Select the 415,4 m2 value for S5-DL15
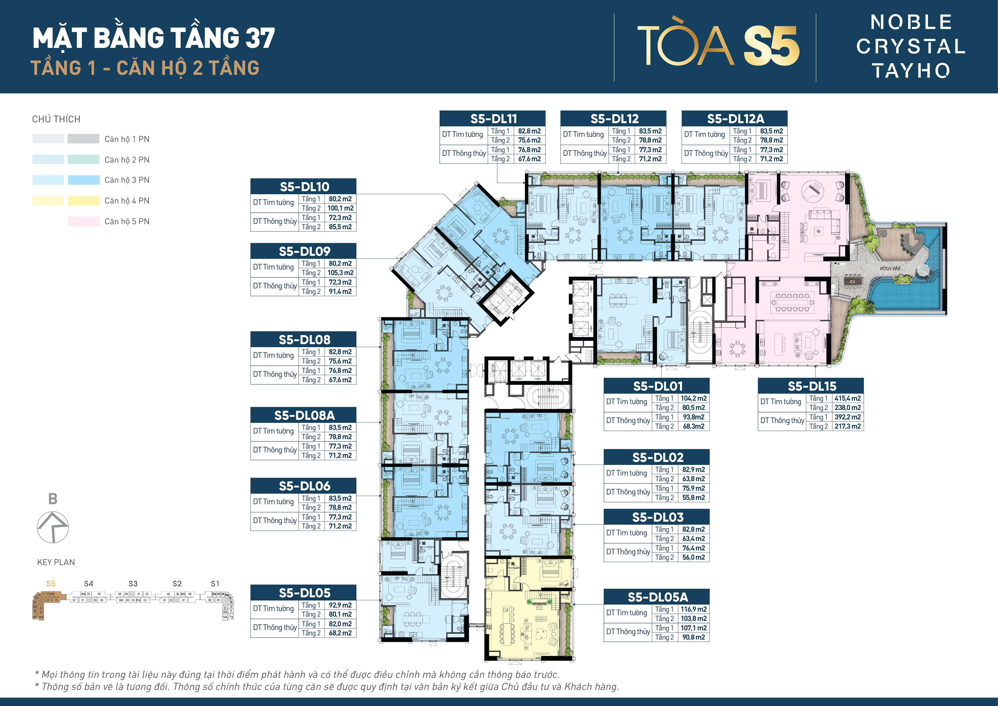point(847,398)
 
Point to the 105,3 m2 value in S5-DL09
point(340,272)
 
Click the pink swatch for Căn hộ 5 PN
point(83,221)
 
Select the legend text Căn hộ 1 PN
point(127,139)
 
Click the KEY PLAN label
point(56,562)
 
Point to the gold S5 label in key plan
point(51,583)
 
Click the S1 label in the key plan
point(215,583)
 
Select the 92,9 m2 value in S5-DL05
point(340,605)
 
